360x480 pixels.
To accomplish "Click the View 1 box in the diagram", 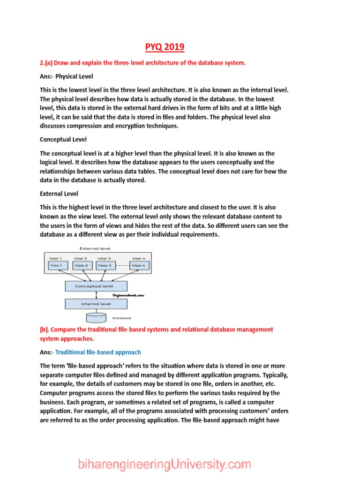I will click(56, 265).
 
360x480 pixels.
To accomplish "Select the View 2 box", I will click(81, 265).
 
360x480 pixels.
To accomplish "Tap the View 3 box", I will click(105, 265).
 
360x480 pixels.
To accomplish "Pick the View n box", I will click(138, 265).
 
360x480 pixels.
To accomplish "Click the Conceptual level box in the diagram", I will click(96, 285).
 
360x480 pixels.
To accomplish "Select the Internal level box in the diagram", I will click(96, 304).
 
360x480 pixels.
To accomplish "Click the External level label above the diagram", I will click(95, 248).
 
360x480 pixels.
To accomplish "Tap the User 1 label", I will click(55, 258).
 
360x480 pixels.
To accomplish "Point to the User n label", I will click(138, 258).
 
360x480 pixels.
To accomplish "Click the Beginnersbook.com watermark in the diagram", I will click(128, 295).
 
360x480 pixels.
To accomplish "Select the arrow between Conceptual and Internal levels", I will click(96, 295).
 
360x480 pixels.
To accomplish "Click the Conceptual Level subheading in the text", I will click(63, 140).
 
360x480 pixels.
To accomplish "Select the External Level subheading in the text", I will click(59, 194).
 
